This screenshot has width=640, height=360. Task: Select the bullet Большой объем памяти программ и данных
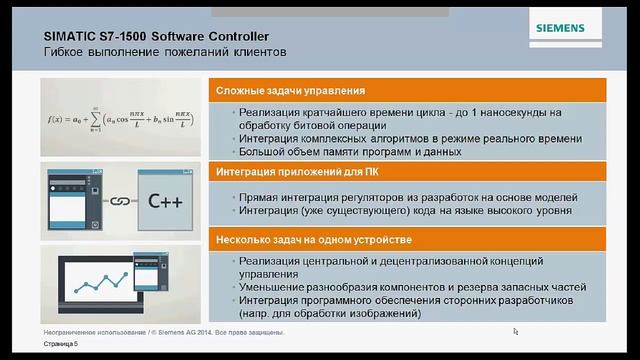tap(350, 152)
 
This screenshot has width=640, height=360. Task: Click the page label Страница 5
tap(60, 343)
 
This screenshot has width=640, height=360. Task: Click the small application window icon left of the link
tap(70, 199)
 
